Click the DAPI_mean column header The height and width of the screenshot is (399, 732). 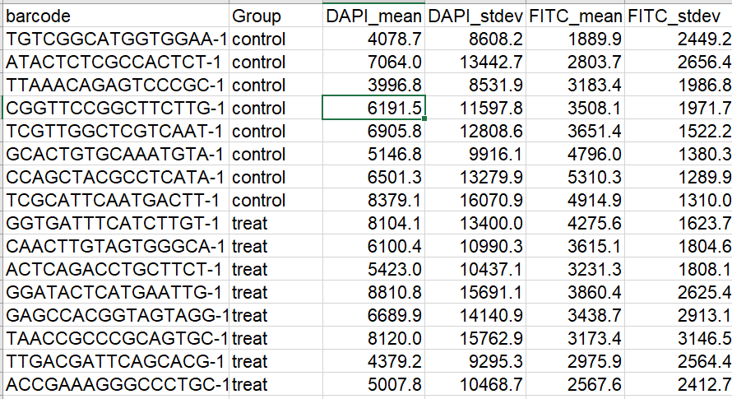(373, 16)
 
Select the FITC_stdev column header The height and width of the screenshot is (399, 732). (679, 16)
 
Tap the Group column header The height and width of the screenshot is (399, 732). (257, 16)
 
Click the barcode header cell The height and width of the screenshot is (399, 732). (38, 16)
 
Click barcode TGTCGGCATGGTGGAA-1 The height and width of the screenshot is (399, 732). (116, 39)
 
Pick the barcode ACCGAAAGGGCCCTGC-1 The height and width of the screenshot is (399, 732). (116, 385)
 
